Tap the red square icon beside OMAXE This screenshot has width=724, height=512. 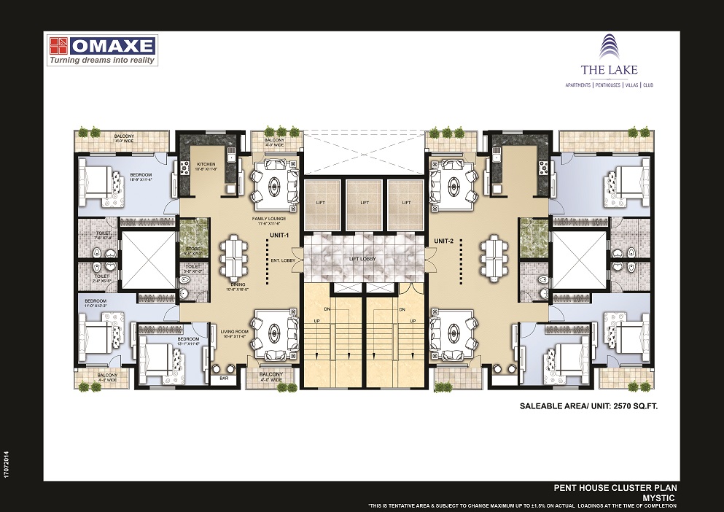click(x=58, y=46)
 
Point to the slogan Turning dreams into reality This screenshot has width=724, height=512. click(x=102, y=61)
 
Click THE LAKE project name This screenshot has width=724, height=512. click(x=609, y=70)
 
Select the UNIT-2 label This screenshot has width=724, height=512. click(x=444, y=241)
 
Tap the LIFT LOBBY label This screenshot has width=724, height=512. click(x=364, y=259)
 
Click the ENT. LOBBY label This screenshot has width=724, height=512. click(x=282, y=260)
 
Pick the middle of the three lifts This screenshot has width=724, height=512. click(x=364, y=203)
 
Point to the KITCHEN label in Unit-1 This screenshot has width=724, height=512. click(x=206, y=165)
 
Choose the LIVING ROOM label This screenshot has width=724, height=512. click(x=236, y=332)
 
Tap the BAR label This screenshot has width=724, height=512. click(x=224, y=379)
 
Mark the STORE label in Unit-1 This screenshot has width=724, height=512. click(x=192, y=249)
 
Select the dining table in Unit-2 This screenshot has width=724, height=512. click(x=493, y=257)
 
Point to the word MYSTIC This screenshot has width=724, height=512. click(x=661, y=496)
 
